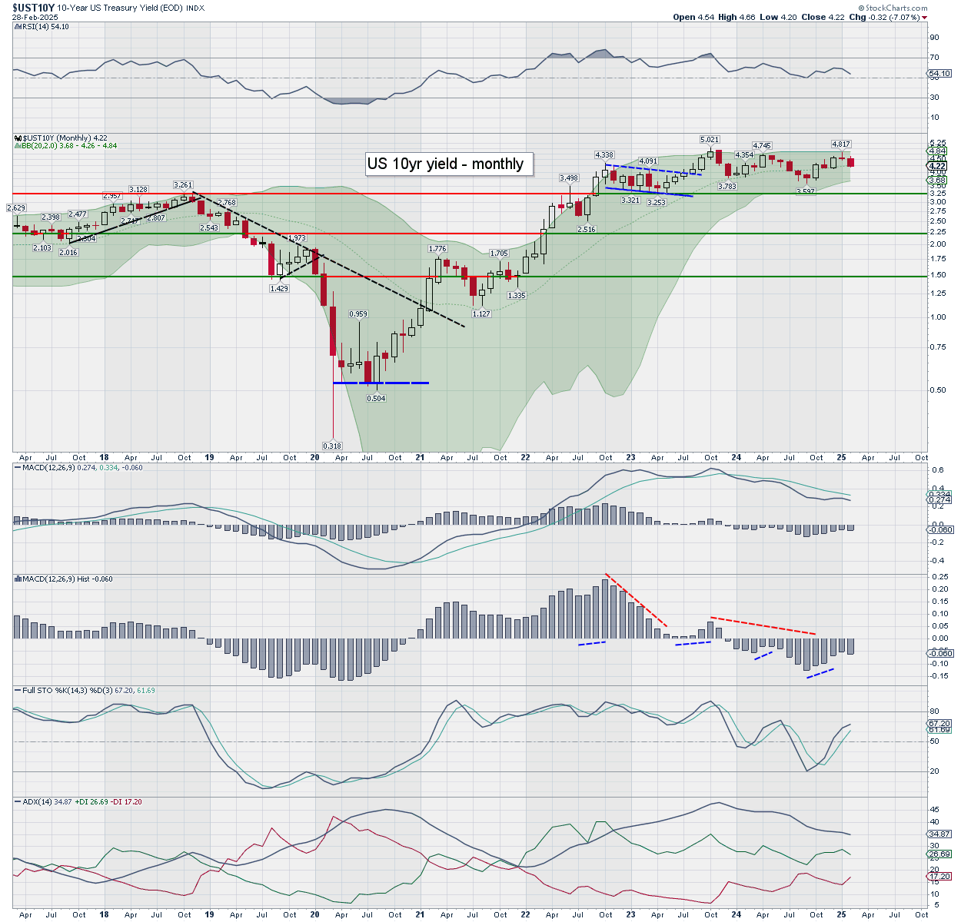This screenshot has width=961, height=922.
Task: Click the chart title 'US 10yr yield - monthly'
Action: (445, 164)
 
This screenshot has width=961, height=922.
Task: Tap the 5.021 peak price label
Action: (709, 139)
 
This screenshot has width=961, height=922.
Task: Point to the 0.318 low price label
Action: (332, 446)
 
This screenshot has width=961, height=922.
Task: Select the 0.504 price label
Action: (376, 398)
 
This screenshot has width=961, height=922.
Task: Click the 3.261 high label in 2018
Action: (183, 184)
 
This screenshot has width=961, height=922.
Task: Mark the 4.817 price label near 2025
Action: (841, 144)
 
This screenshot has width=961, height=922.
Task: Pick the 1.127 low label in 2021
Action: (481, 313)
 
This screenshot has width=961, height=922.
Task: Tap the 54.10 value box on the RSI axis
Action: (939, 74)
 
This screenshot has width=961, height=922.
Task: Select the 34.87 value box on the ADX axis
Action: (939, 834)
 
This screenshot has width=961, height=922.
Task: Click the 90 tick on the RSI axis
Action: (934, 37)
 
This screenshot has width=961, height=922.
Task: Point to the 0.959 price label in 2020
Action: (358, 313)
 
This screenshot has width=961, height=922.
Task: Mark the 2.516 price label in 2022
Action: (587, 228)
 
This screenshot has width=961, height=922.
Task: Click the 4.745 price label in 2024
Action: (762, 145)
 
